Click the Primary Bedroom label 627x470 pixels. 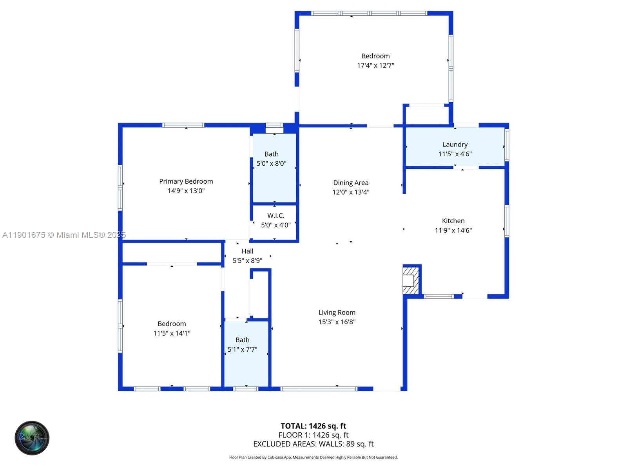click(x=186, y=181)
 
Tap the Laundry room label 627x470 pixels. click(x=455, y=145)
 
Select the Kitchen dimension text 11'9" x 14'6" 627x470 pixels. click(x=453, y=230)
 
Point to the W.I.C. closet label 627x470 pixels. click(x=275, y=216)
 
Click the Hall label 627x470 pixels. click(x=247, y=251)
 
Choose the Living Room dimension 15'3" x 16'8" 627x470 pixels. click(x=337, y=322)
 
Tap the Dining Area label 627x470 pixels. click(x=350, y=183)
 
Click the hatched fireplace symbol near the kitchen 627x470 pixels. click(x=411, y=280)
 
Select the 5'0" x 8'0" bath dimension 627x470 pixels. click(x=271, y=164)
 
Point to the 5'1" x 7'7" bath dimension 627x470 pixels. click(x=242, y=349)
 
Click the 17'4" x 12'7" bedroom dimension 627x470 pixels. click(x=375, y=65)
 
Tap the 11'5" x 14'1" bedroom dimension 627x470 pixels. click(x=172, y=333)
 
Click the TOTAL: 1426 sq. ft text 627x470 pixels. click(x=313, y=426)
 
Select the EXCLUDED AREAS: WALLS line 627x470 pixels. click(x=313, y=444)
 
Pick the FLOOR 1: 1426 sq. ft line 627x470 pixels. click(x=313, y=435)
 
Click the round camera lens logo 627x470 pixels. click(x=32, y=438)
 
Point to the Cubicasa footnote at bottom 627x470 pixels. click(x=313, y=457)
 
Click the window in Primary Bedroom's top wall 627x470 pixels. click(x=183, y=125)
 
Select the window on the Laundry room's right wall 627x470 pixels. click(x=506, y=145)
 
